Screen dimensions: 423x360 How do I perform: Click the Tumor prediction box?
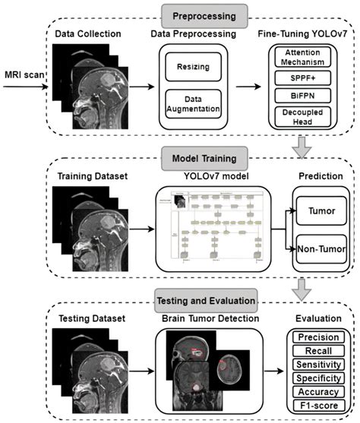pyautogui.click(x=317, y=216)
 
